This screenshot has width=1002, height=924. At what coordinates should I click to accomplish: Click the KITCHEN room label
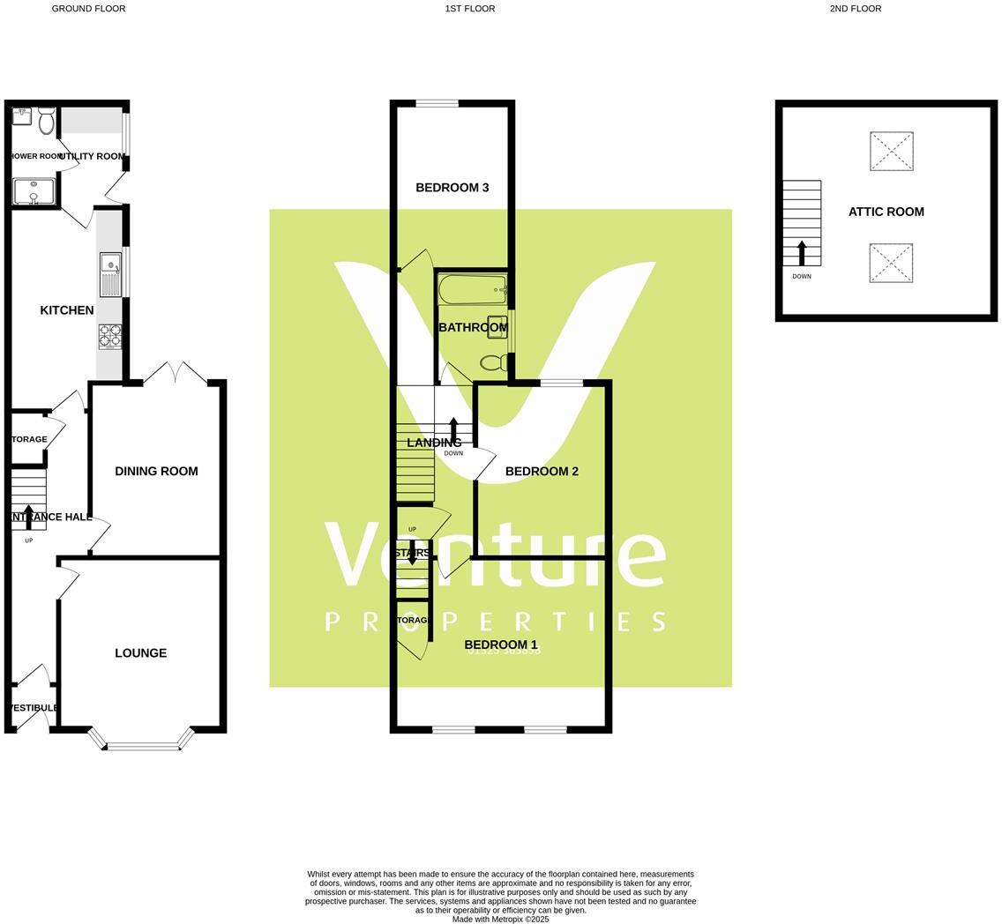(67, 310)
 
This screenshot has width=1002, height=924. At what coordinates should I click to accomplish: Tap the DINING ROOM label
(156, 472)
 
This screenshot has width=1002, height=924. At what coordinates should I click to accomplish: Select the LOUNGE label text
(140, 653)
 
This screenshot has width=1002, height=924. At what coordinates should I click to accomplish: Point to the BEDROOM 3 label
(452, 188)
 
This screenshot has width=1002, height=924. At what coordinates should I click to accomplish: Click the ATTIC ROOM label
(886, 212)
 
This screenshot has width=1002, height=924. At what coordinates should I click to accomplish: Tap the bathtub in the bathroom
(472, 289)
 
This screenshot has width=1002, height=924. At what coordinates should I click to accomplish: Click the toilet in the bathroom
(493, 361)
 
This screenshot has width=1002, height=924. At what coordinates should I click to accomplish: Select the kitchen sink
(110, 274)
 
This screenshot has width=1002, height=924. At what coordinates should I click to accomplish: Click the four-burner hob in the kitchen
(110, 336)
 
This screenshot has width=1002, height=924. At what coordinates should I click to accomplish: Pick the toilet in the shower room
(46, 121)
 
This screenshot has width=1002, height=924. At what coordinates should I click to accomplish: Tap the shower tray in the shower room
(34, 191)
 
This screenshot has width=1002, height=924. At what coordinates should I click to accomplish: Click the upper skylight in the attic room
(891, 152)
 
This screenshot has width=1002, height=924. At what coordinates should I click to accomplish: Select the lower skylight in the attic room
(891, 263)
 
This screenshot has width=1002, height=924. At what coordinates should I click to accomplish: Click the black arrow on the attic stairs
(802, 252)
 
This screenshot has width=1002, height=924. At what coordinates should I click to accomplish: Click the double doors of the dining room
(176, 374)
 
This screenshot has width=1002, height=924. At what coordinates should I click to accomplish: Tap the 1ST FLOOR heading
(469, 9)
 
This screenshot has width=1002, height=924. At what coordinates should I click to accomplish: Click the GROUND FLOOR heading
(88, 9)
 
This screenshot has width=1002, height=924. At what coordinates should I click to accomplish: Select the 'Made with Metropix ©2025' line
(500, 919)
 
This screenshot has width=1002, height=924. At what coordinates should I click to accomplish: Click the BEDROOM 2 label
(542, 472)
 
